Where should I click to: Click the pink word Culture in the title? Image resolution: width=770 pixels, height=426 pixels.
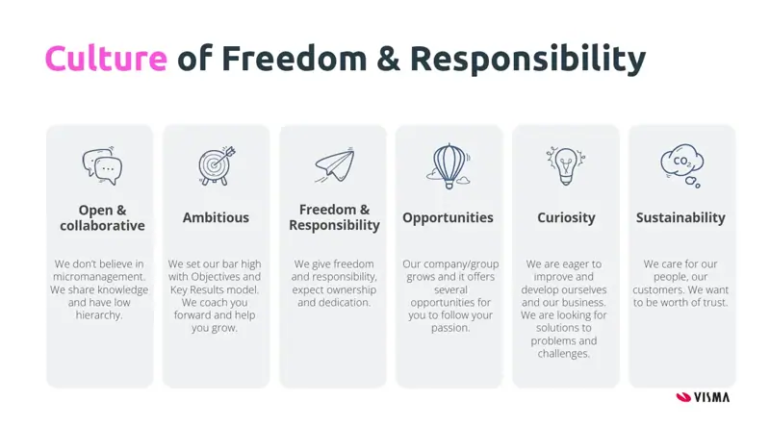(x=106, y=58)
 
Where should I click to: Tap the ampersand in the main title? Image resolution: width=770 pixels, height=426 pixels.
(x=389, y=59)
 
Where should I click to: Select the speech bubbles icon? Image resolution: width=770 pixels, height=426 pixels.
(x=102, y=166)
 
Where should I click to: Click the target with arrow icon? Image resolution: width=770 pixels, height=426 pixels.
(x=217, y=165)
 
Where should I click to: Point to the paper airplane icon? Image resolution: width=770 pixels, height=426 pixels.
(x=334, y=165)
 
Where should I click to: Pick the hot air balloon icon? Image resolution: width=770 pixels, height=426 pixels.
(x=449, y=166)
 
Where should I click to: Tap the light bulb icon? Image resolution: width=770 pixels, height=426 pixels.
(x=565, y=165)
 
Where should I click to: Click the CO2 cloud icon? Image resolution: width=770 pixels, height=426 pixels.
(x=681, y=165)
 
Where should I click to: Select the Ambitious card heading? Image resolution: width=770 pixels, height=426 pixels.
(x=216, y=217)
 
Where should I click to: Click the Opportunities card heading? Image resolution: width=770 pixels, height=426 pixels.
(x=448, y=218)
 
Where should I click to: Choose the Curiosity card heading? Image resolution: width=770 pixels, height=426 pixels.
(x=566, y=218)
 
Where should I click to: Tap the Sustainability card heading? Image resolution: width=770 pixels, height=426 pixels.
(x=680, y=218)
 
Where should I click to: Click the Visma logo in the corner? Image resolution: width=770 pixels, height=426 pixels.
(x=703, y=397)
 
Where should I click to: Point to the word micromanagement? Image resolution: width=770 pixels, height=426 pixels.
(x=99, y=277)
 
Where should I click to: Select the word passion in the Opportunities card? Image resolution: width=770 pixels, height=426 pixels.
(x=450, y=328)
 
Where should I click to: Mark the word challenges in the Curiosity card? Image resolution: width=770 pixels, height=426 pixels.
(x=564, y=353)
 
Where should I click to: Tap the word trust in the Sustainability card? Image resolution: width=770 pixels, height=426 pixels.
(x=715, y=302)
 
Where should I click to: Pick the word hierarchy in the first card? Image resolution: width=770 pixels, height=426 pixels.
(x=99, y=315)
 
